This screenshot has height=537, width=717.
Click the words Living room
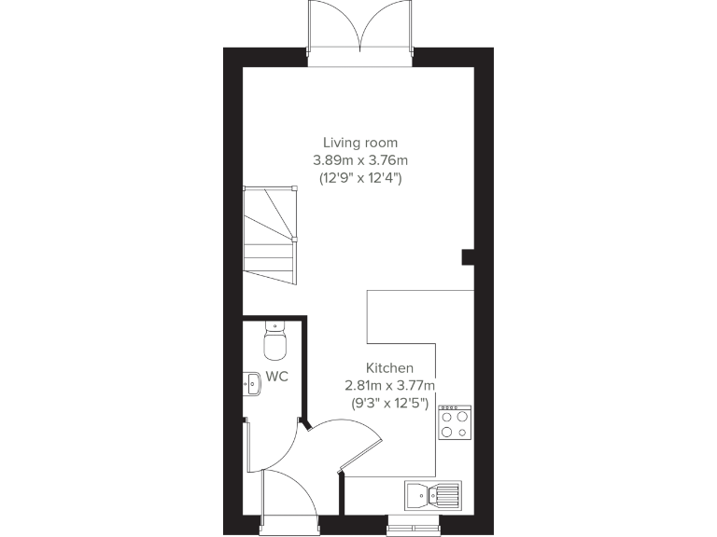tap(360, 143)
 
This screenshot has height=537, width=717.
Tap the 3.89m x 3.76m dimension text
tap(360, 159)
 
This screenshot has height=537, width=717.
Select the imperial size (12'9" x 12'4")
tap(360, 177)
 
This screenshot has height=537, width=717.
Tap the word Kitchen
tap(389, 368)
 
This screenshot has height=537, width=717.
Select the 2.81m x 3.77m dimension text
tap(389, 385)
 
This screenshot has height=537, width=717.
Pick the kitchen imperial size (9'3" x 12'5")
tap(389, 403)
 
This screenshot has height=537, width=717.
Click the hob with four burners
tap(455, 422)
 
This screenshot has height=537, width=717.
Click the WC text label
tap(277, 377)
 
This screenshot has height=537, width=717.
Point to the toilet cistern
tap(274, 326)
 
